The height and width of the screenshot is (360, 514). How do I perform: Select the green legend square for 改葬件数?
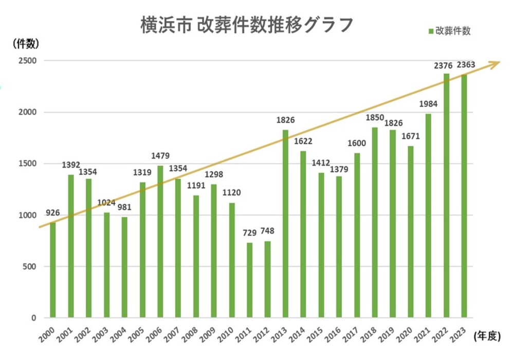(431, 31)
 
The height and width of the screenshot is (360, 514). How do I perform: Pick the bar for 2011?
(250, 280)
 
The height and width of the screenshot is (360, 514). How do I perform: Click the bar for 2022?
(446, 195)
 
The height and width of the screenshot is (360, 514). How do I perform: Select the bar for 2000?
(53, 270)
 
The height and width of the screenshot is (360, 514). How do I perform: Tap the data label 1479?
(160, 156)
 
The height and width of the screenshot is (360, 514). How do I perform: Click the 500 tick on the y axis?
(29, 266)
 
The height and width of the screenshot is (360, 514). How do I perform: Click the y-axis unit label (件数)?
(26, 43)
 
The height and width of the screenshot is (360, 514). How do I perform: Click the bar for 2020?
(411, 232)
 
